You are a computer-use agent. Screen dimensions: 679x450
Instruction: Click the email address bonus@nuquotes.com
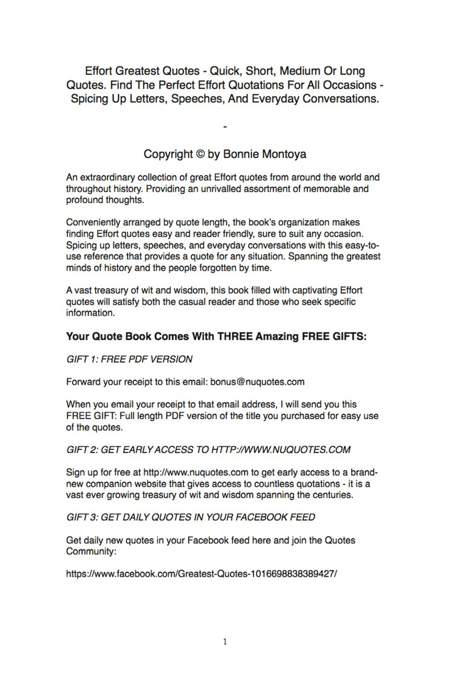[257, 382]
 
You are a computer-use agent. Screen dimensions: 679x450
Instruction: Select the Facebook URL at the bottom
[201, 574]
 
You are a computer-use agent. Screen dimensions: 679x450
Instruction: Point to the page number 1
[225, 642]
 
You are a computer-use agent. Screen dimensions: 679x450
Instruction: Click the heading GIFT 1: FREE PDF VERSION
[129, 359]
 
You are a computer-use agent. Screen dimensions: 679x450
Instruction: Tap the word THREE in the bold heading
[235, 337]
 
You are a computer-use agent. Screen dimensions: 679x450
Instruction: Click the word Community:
[91, 551]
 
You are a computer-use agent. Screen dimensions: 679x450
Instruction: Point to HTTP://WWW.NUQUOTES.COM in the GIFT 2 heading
[281, 450]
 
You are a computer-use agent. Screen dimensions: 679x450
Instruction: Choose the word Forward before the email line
[83, 382]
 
